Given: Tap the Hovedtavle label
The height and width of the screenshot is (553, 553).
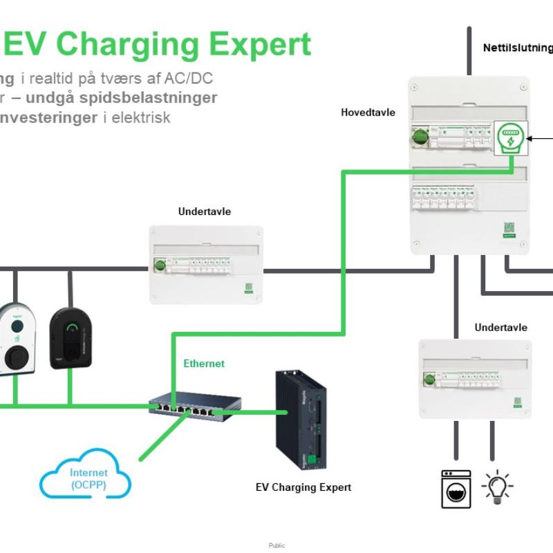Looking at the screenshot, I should (x=368, y=112).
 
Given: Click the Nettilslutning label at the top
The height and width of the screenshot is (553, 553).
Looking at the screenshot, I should (x=518, y=48).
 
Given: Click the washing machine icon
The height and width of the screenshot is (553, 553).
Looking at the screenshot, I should (x=456, y=489).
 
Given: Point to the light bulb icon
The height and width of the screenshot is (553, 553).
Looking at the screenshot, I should (x=498, y=488).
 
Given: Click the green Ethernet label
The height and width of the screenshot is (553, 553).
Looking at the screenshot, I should (x=204, y=364).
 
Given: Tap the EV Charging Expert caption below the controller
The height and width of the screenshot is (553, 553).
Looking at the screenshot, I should (x=303, y=487).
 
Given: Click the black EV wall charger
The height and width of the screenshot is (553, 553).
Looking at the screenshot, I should (x=71, y=338).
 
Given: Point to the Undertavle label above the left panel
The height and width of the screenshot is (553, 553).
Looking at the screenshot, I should (x=205, y=212).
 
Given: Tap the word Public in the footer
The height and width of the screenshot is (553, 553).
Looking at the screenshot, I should (x=276, y=545).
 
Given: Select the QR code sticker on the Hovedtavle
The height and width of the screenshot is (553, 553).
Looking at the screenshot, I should (x=509, y=228).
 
